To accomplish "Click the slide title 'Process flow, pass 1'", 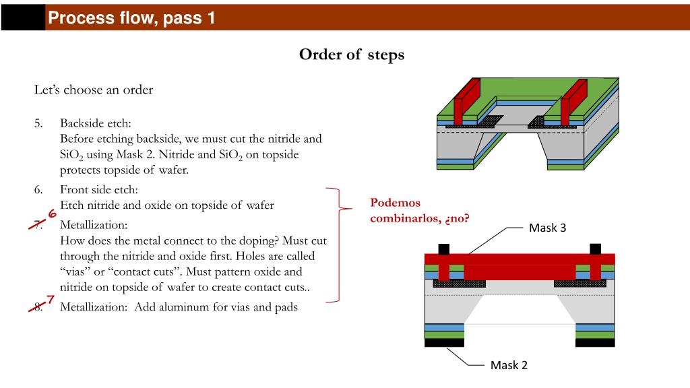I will click(x=132, y=18).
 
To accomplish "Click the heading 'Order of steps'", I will click(x=352, y=55).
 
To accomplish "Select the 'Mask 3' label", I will click(x=547, y=228).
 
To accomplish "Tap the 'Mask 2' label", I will click(x=509, y=365).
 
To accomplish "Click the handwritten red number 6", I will click(x=51, y=215).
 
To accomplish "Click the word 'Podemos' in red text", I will click(x=395, y=203).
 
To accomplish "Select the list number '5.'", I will click(x=38, y=123).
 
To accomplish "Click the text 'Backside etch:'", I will click(x=95, y=123).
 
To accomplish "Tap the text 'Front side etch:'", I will click(x=98, y=190).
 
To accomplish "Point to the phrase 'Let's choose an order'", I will click(x=94, y=90).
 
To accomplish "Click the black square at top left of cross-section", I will click(x=443, y=249).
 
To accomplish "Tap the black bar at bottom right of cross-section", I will click(x=595, y=343).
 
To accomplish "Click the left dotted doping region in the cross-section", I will click(x=458, y=284).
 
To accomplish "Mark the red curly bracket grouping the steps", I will click(x=337, y=244).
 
